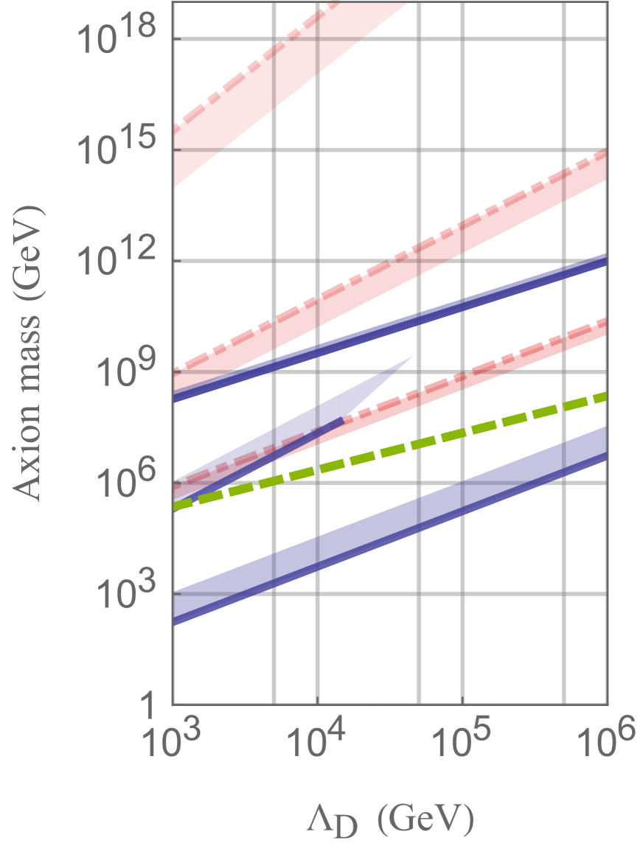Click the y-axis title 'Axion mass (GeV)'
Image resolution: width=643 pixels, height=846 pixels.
point(29,354)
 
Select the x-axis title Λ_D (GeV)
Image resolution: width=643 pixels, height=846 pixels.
point(391,818)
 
